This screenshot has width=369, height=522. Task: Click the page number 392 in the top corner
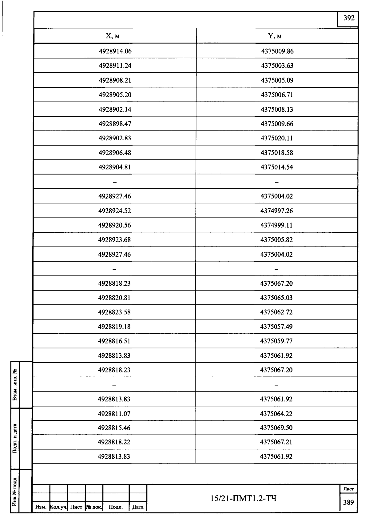coord(349,18)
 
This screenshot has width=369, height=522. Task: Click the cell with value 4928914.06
coord(115,51)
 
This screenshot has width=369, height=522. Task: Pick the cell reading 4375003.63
coord(277,66)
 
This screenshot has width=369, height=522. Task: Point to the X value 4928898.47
coord(115,124)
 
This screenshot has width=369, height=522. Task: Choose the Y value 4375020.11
coord(277,138)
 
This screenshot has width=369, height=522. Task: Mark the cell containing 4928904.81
coord(115,167)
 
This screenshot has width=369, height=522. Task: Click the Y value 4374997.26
coord(277,211)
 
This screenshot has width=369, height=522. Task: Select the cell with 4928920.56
coord(114,225)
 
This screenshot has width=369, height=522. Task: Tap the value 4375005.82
coord(276,240)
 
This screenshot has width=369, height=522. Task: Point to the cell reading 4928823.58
coord(114,312)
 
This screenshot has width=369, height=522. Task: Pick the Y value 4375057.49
coord(276,327)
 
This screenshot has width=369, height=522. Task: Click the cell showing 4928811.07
coord(114,414)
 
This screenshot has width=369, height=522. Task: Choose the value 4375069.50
coord(276,428)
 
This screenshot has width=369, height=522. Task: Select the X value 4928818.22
coord(114,442)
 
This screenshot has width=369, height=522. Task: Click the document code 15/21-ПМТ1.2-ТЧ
coord(244,498)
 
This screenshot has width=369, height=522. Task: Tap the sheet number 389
coord(348,502)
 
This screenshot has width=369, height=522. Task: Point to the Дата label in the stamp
coord(138,507)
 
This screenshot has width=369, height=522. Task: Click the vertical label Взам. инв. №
coord(15,385)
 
